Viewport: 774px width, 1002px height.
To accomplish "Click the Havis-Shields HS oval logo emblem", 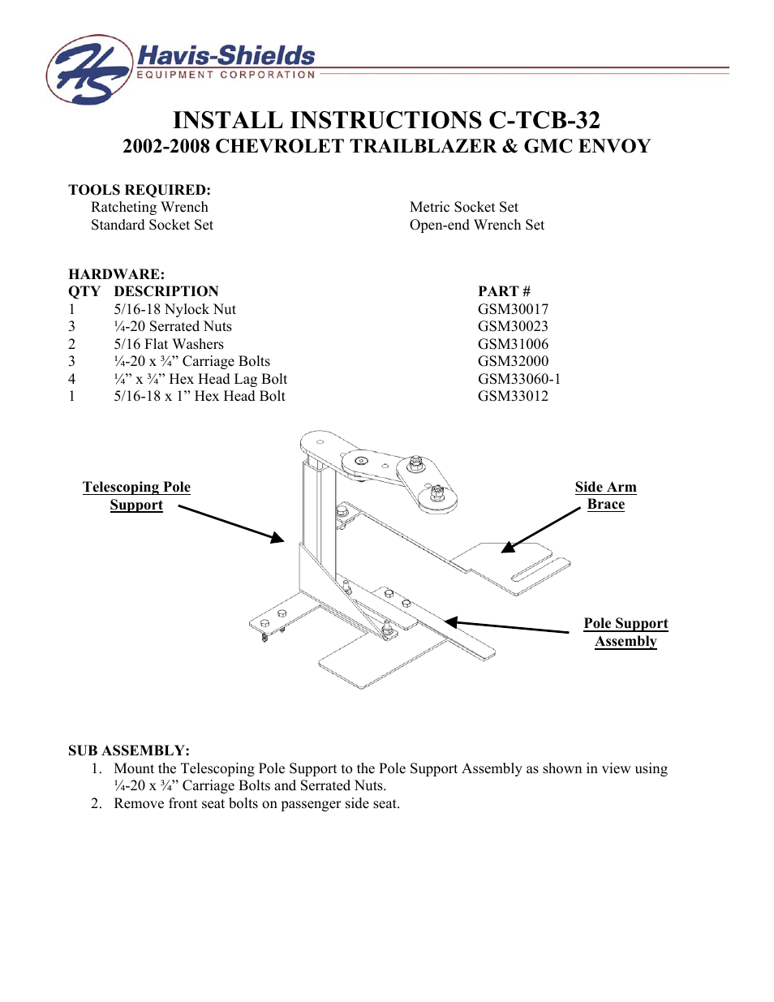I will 89,70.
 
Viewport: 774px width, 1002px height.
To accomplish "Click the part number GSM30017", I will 513,309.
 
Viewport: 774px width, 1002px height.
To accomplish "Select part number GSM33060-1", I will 518,379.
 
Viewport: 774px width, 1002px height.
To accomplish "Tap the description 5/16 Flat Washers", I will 169,344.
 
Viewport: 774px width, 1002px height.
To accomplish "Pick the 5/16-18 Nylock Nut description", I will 174,309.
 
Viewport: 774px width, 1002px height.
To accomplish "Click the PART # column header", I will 504,291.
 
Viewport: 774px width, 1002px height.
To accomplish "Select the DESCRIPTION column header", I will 166,291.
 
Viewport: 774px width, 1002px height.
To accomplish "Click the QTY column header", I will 84,291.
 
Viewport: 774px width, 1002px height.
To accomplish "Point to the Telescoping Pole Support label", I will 136,496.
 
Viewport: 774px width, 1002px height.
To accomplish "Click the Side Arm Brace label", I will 605,495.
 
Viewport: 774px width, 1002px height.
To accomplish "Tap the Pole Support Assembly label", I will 626,632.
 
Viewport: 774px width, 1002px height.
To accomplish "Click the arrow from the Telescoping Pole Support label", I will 231,523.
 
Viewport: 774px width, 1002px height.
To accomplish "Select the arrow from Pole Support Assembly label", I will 506,626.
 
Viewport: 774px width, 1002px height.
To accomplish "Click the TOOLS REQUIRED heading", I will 140,190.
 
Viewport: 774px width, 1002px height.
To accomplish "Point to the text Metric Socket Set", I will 463,207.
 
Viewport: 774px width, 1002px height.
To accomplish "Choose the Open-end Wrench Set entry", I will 476,225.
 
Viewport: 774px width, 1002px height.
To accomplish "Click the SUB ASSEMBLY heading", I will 129,750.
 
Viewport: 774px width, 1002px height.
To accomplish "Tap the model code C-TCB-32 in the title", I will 544,120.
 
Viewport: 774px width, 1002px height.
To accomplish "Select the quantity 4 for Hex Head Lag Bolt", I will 71,379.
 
